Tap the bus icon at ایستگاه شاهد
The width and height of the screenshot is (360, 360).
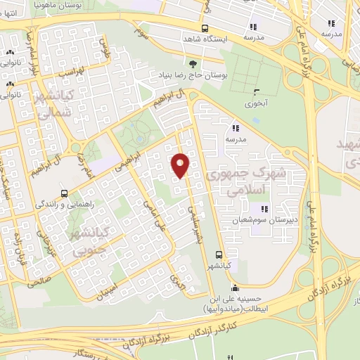pyautogui.click(x=204, y=29)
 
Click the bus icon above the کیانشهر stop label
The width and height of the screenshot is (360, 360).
pyautogui.click(x=219, y=255)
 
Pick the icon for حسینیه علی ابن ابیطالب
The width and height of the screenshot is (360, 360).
pyautogui.click(x=235, y=288)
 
